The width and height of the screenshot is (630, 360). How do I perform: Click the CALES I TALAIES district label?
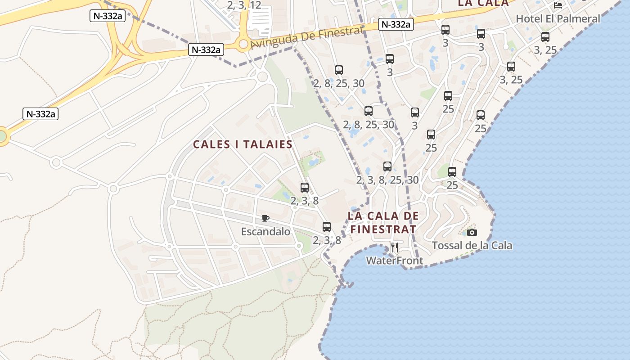point(243,144)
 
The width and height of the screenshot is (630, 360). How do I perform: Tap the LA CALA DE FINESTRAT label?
point(383,222)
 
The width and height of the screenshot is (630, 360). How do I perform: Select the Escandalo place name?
point(265,232)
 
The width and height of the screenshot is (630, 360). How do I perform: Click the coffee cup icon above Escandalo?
point(265,219)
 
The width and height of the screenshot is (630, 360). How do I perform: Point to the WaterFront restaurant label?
point(394,261)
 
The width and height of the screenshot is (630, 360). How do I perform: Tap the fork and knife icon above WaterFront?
point(395,247)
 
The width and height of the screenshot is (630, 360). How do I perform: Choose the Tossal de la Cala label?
point(472,246)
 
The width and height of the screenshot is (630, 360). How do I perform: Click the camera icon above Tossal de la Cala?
point(472,232)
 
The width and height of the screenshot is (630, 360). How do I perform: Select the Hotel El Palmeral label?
point(558,19)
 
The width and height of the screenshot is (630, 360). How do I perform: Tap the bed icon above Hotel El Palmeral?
point(558,5)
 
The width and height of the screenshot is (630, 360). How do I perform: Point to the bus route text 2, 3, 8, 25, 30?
point(387,180)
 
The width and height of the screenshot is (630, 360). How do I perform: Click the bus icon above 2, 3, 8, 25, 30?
point(387,166)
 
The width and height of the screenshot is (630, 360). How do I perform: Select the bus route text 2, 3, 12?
point(244,5)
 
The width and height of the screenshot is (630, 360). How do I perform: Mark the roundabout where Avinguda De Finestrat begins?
point(244,44)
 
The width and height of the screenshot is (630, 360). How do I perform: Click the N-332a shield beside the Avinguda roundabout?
point(206,50)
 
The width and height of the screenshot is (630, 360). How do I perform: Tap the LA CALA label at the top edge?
point(483,3)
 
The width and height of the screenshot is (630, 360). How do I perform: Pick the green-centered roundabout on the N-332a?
point(2,135)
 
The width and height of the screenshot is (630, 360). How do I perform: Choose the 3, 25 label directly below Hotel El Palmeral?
point(545,50)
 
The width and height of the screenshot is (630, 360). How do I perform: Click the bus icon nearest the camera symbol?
point(452,171)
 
